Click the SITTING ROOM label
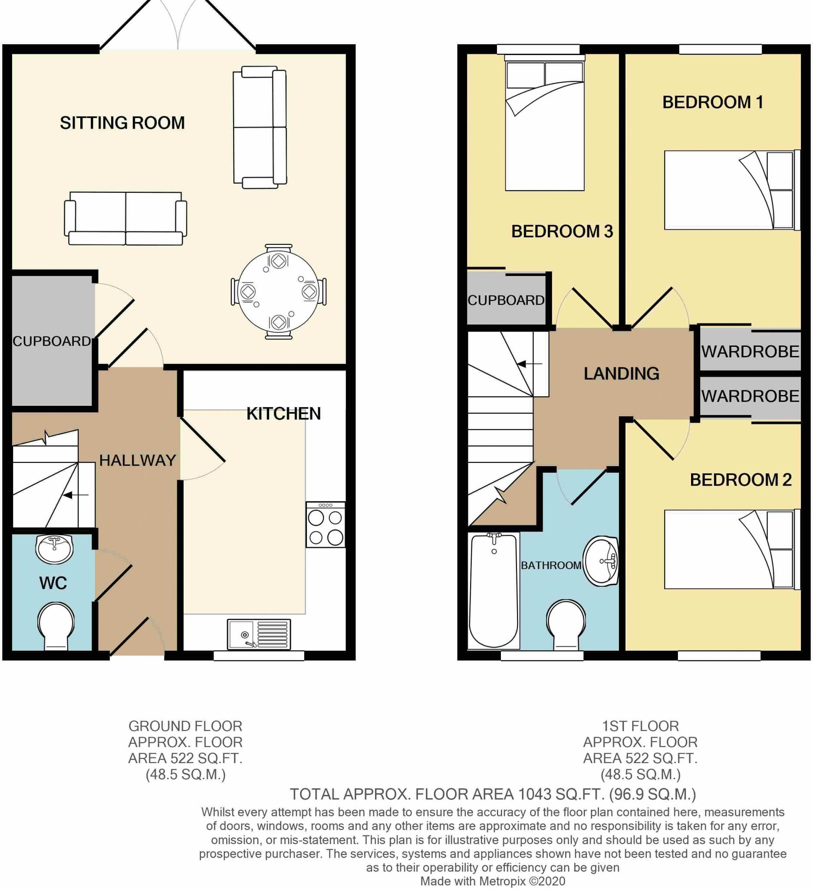[x=122, y=123]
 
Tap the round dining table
[x=278, y=291]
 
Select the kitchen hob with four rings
[x=326, y=525]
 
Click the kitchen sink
[x=259, y=635]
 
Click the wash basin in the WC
[x=54, y=549]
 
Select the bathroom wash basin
[x=600, y=561]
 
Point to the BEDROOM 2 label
[x=740, y=480]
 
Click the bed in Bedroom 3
[x=544, y=126]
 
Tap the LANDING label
[x=621, y=374]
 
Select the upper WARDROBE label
[x=750, y=352]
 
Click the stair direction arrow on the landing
[x=529, y=364]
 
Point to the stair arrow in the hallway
[x=76, y=495]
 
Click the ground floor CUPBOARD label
[x=52, y=341]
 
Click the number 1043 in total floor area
[x=535, y=794]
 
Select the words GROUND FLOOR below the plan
[x=185, y=726]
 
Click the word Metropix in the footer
[x=501, y=881]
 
